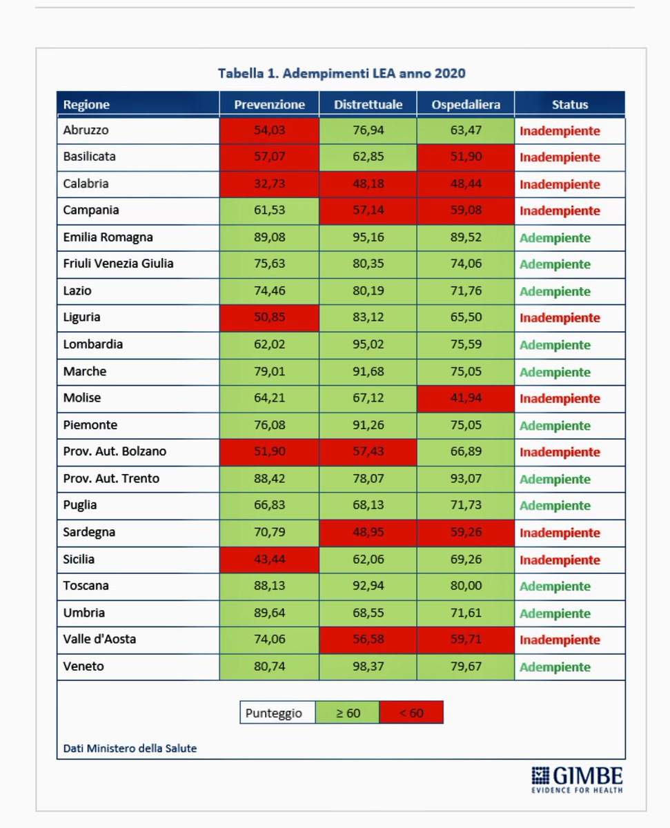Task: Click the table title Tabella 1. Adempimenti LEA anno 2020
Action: (x=342, y=73)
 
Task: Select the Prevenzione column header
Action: (x=269, y=105)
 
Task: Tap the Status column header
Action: (x=570, y=105)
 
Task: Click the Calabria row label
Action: (x=86, y=184)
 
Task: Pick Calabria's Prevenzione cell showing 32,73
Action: (x=269, y=184)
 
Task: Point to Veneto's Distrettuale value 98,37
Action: (x=367, y=667)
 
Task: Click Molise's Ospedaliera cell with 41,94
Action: (x=465, y=399)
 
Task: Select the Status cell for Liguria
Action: (x=560, y=318)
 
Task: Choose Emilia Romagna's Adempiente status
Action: (x=555, y=238)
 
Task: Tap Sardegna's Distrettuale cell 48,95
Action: (x=367, y=533)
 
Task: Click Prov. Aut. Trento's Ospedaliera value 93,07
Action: (x=465, y=479)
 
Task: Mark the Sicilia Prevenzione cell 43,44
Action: (x=269, y=560)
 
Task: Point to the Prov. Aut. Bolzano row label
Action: (x=115, y=452)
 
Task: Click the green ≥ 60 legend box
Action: (x=348, y=713)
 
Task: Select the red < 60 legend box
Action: (x=411, y=713)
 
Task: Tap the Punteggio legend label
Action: (x=274, y=713)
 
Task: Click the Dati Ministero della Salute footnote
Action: (x=130, y=748)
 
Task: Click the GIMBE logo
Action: (x=577, y=778)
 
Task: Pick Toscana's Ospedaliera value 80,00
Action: (x=465, y=586)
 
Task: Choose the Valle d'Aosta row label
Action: (x=99, y=640)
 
